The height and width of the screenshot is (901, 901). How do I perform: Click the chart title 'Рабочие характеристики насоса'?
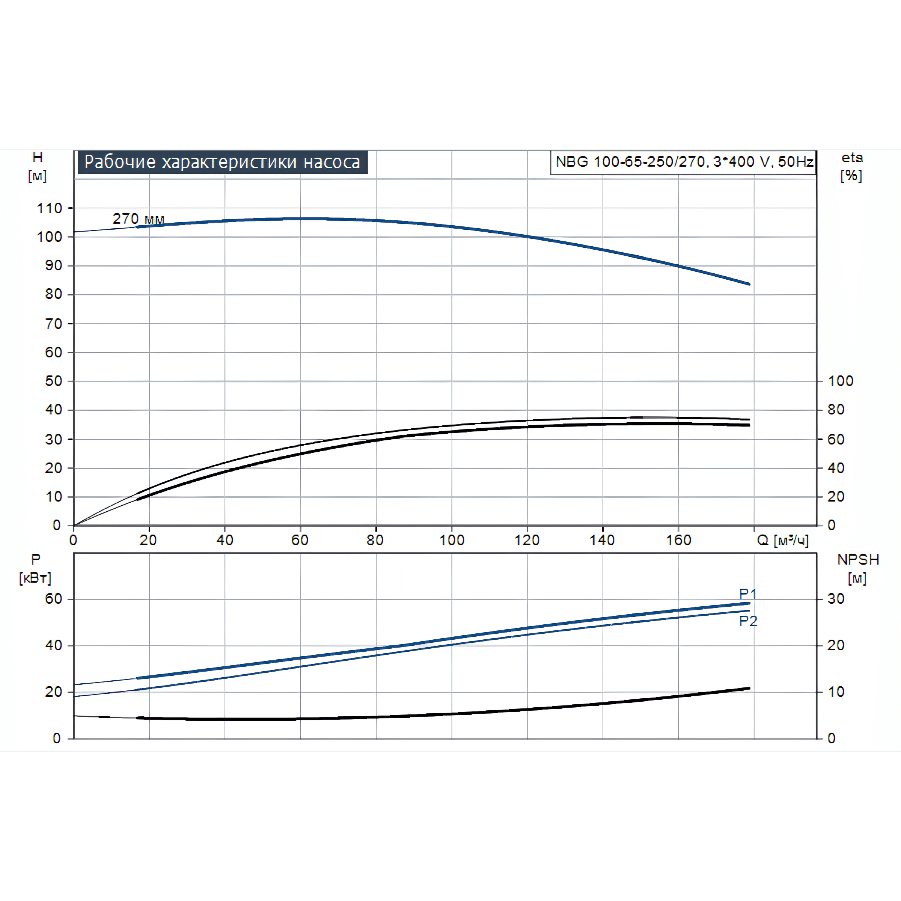[x=223, y=162]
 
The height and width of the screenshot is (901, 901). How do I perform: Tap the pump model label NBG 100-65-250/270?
[x=684, y=162]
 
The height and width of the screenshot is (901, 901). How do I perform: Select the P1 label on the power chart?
[x=747, y=594]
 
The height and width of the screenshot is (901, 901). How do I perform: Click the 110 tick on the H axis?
[x=50, y=208]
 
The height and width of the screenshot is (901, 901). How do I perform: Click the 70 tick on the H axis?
[x=54, y=324]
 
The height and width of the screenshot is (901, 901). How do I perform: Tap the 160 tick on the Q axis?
[x=678, y=540]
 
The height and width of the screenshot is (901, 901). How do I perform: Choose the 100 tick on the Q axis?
[x=451, y=540]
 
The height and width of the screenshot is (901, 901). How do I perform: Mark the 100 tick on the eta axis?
[x=841, y=381]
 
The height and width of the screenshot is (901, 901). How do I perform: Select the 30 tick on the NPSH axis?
[x=836, y=598]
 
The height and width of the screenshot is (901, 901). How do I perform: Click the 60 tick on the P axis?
[x=54, y=598]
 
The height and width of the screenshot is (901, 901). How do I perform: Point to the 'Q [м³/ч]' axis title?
[x=782, y=540]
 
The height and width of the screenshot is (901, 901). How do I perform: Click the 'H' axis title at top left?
[x=38, y=158]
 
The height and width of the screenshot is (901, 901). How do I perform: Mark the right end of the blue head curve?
[x=749, y=284]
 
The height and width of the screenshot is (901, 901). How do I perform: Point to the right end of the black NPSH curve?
[x=749, y=689]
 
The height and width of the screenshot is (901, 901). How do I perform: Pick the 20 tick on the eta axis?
[x=836, y=497]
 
